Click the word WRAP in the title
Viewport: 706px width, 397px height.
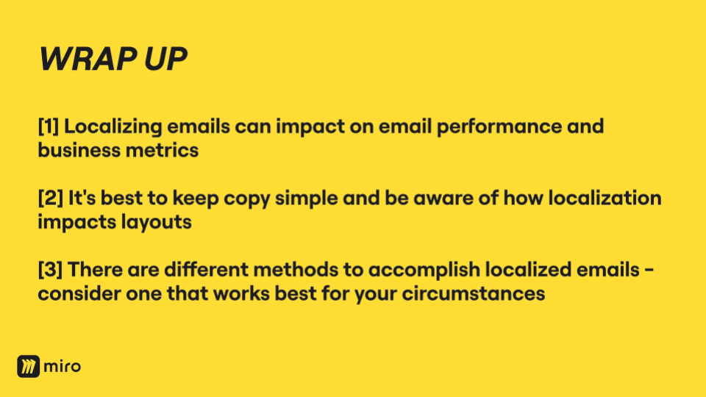[x=88, y=59]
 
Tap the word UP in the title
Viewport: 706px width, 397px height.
[x=165, y=59]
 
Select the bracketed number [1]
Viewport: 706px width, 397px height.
[x=49, y=126]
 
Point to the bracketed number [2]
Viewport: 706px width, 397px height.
[x=51, y=198]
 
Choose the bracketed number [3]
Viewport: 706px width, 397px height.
[x=51, y=270]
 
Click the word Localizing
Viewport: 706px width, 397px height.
[x=113, y=127]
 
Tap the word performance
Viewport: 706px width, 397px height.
[x=499, y=127]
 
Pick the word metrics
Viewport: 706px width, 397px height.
[x=162, y=151]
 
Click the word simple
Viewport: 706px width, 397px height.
[x=306, y=199]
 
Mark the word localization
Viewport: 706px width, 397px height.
[x=605, y=198]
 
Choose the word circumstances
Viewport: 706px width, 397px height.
[x=473, y=294]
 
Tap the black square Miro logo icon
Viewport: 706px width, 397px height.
[x=29, y=366]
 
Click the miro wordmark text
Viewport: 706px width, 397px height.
[x=62, y=366]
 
